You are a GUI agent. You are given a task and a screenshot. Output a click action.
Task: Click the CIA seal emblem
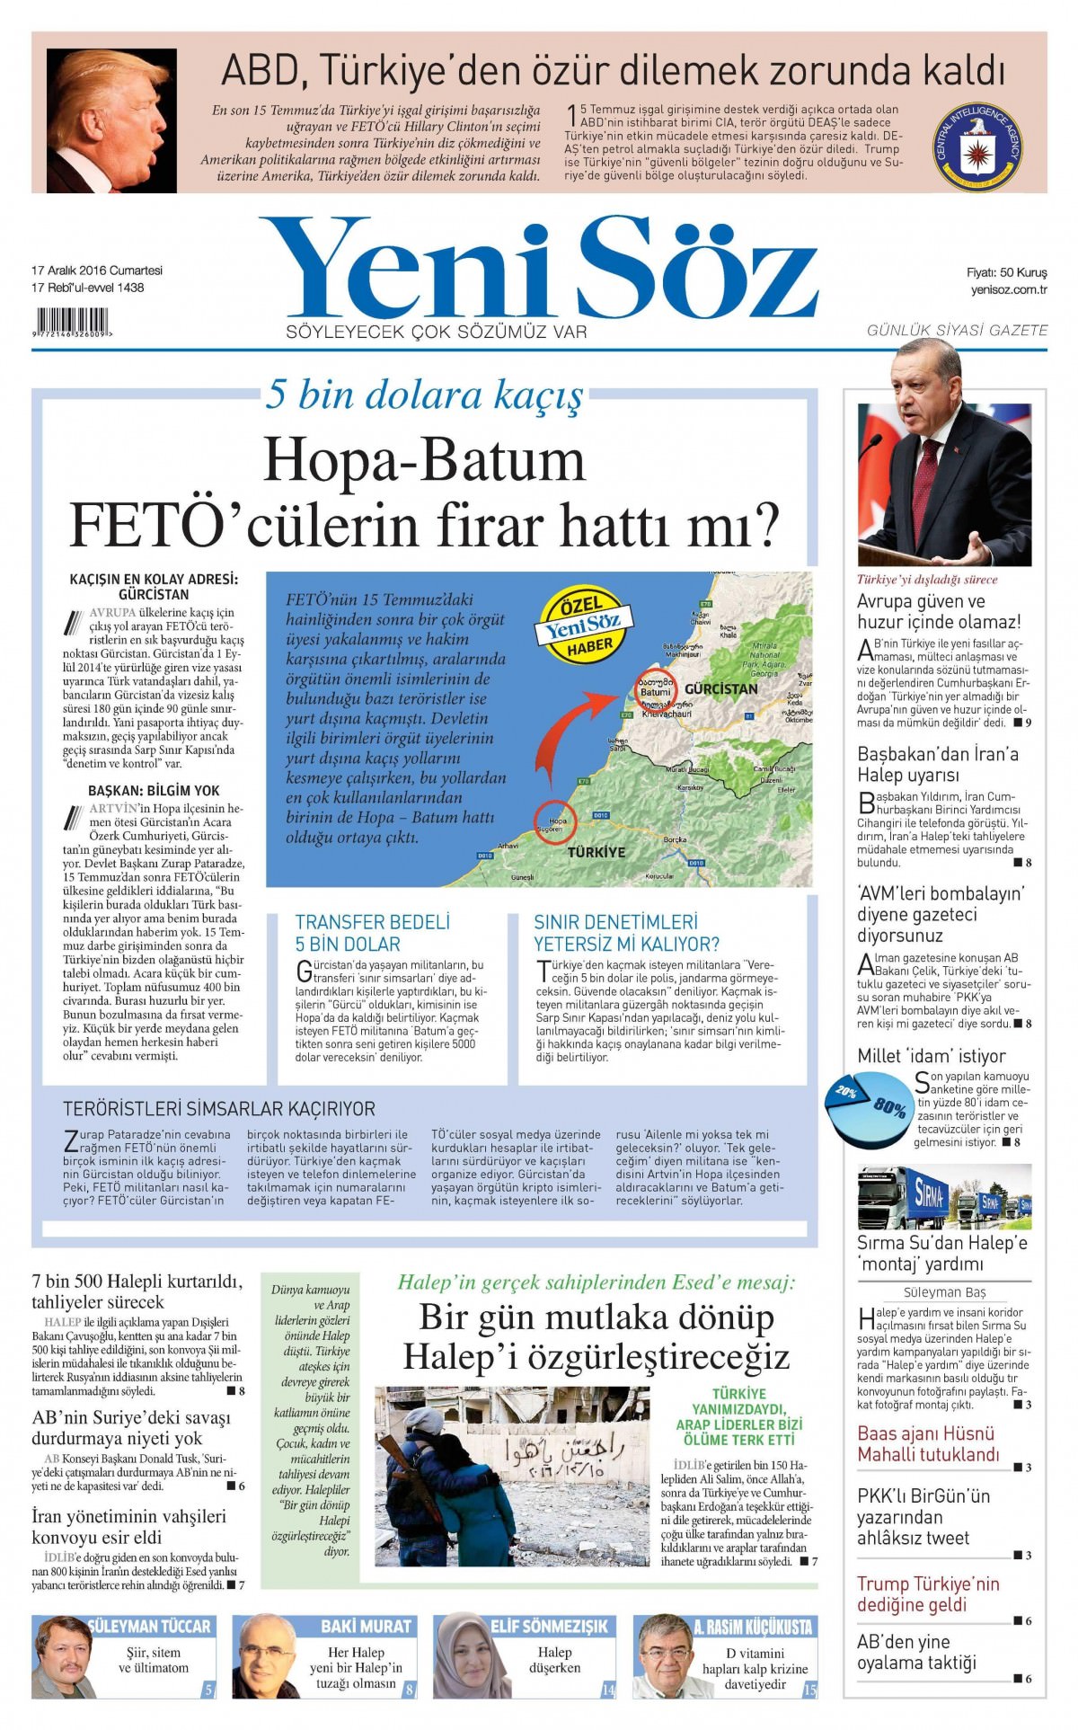click(978, 146)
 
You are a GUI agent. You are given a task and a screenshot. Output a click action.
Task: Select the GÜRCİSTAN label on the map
click(720, 689)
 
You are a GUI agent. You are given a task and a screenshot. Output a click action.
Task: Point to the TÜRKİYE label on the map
click(596, 851)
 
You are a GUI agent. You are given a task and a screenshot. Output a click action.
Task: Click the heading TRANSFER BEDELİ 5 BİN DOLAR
click(373, 932)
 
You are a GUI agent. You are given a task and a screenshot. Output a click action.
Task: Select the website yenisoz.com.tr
click(1009, 289)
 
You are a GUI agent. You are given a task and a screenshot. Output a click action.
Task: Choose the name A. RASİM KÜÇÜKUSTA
click(752, 1627)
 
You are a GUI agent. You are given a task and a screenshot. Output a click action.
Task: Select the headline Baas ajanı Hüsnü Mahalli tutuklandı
click(927, 1444)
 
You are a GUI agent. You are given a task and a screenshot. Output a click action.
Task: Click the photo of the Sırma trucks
click(944, 1197)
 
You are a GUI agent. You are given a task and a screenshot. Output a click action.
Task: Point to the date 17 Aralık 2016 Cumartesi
click(97, 271)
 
